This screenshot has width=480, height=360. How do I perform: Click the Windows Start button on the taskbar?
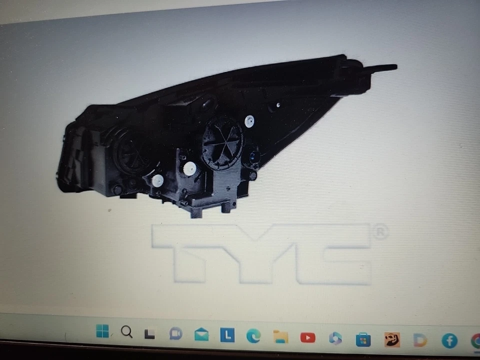click(102, 331)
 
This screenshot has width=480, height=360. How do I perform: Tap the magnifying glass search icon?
click(127, 332)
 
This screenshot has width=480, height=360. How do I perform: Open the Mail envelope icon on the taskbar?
click(201, 335)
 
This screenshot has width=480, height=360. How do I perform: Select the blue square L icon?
click(227, 335)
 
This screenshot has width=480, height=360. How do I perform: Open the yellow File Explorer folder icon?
click(280, 337)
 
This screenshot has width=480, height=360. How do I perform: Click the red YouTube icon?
click(307, 337)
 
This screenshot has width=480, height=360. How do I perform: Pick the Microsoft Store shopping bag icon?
click(363, 340)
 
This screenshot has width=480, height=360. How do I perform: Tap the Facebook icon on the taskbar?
click(449, 341)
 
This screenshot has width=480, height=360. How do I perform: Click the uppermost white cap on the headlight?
click(249, 121)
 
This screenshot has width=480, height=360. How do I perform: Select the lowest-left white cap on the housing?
click(157, 181)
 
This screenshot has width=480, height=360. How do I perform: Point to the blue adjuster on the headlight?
click(254, 157)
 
